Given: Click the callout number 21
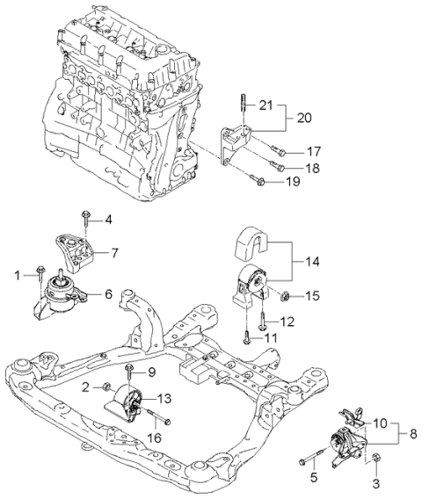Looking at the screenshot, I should [x=267, y=105].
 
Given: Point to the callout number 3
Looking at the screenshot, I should [x=376, y=481].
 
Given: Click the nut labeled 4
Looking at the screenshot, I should [x=85, y=214].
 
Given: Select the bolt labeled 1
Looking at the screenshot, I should [x=40, y=272].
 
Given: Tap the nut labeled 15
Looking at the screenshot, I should [x=287, y=293].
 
